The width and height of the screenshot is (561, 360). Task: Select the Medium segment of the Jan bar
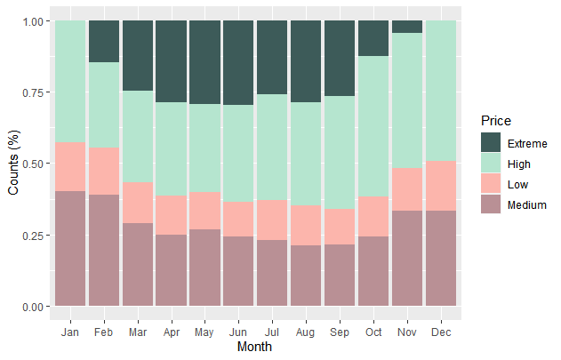point(70,248)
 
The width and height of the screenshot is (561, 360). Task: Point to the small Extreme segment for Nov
point(407,27)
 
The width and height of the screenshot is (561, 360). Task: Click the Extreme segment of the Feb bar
point(103,41)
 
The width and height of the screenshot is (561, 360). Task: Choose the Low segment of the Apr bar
point(171,215)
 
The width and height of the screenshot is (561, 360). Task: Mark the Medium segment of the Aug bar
point(306,276)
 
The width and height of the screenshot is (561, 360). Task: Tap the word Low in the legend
point(517,185)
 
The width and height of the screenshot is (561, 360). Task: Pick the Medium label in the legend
point(526,205)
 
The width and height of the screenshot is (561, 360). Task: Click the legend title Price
point(493,121)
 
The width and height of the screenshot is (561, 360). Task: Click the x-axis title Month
point(255,348)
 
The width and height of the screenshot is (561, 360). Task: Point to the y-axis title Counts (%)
point(13,164)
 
